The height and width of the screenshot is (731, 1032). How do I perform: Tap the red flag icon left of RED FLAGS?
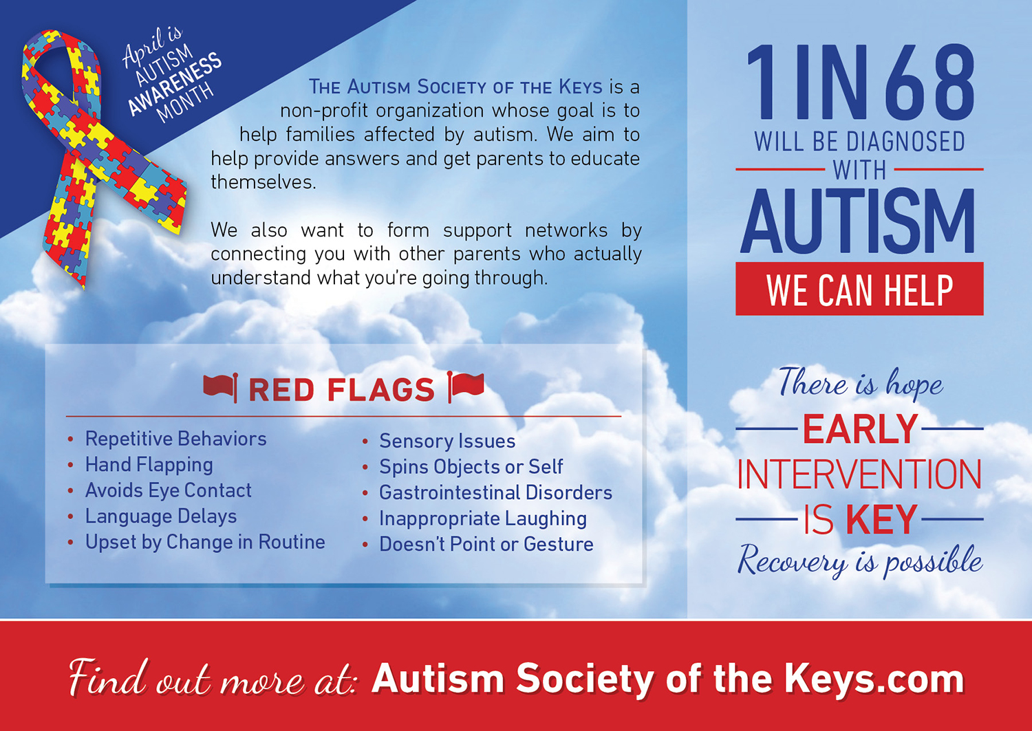(x=221, y=387)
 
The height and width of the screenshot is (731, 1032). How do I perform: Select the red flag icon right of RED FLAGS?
(x=466, y=386)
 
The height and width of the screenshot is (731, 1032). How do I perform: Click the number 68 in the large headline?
(x=929, y=83)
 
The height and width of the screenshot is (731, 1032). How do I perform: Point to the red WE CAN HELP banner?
(x=859, y=289)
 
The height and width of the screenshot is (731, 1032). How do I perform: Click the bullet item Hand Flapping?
(x=149, y=465)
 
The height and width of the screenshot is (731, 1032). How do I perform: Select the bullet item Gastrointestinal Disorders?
(x=495, y=492)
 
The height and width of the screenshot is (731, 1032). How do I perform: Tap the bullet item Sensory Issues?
(x=447, y=441)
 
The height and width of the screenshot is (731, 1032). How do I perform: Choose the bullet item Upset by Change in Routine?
(x=205, y=542)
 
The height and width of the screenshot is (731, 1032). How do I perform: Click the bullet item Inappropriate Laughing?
(x=483, y=519)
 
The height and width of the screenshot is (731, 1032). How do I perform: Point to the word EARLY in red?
(x=860, y=429)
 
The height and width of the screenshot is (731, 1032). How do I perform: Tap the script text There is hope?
(x=861, y=383)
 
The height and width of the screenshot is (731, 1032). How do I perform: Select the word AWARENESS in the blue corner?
(x=175, y=83)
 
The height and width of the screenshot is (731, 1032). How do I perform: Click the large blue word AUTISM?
(x=857, y=221)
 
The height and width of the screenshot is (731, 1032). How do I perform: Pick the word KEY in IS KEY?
(x=881, y=519)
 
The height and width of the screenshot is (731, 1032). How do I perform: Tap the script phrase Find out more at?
(x=213, y=677)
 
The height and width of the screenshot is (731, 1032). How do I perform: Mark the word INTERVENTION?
(x=859, y=474)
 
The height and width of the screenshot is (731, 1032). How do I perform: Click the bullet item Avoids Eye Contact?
(x=168, y=490)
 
